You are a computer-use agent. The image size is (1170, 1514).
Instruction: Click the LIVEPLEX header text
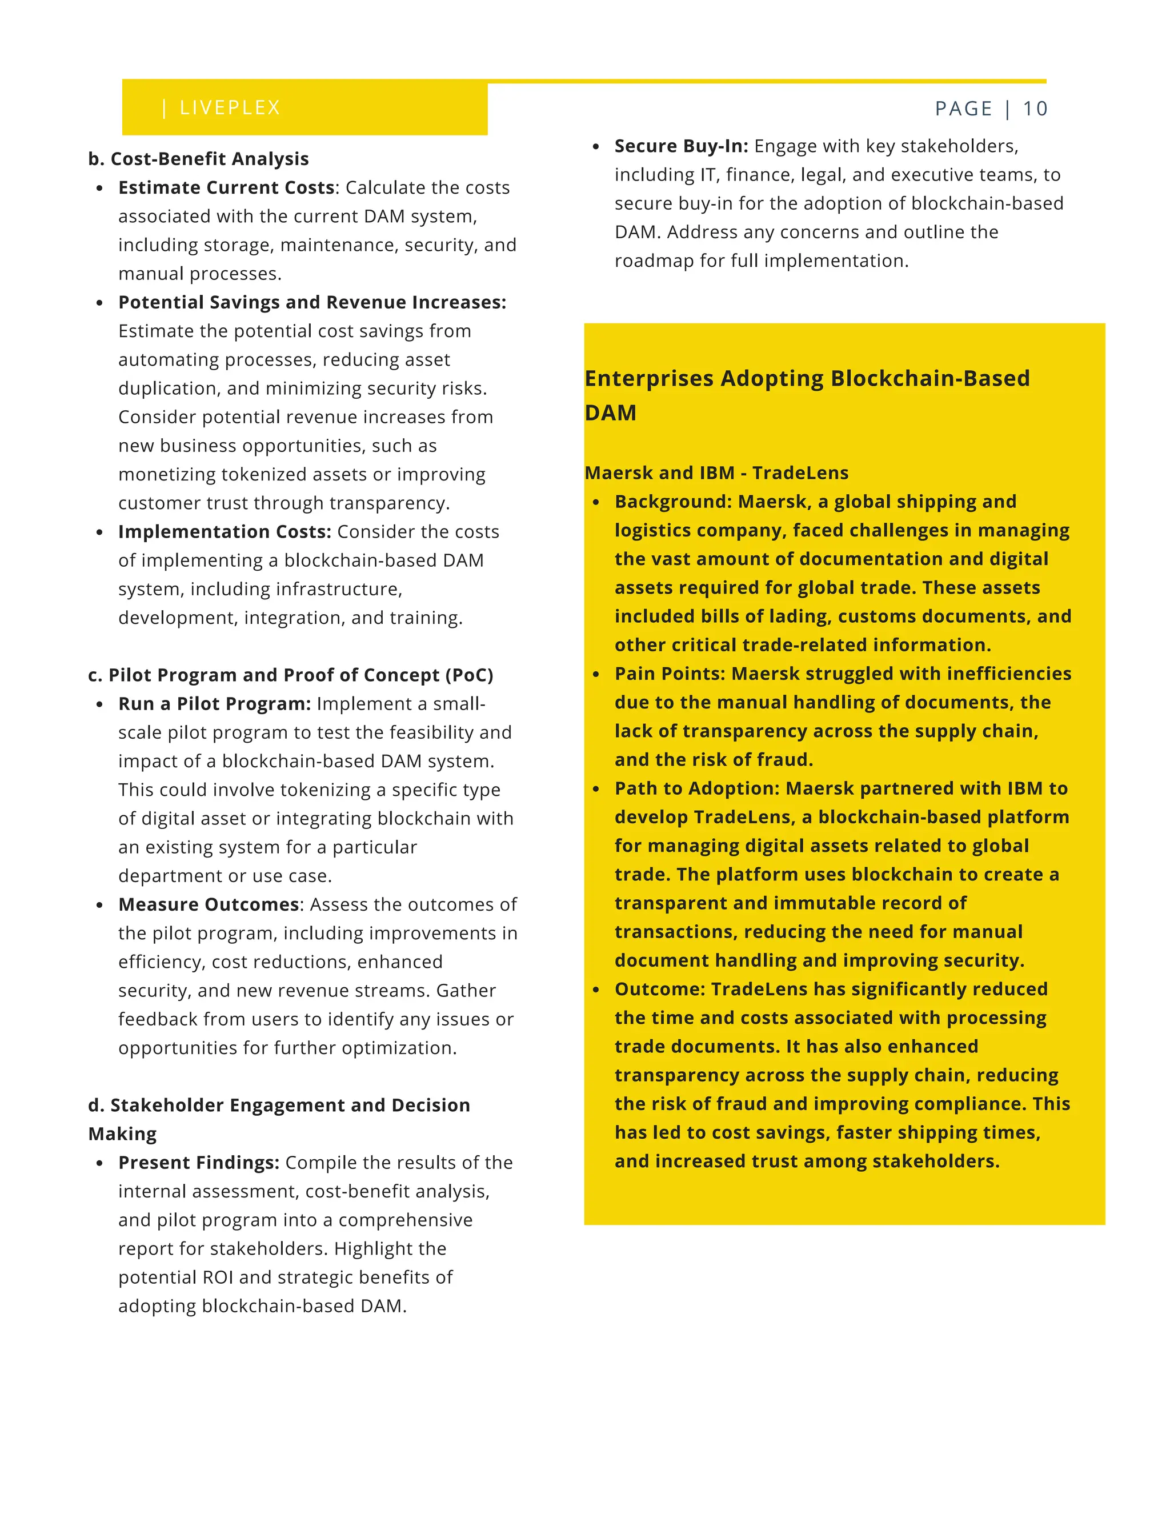point(230,107)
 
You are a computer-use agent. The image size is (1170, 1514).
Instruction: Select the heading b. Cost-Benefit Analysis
point(198,159)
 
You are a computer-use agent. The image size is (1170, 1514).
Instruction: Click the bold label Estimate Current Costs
point(226,188)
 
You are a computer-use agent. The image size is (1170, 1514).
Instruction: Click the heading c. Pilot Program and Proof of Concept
point(290,675)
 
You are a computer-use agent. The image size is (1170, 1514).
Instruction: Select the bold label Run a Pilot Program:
point(214,704)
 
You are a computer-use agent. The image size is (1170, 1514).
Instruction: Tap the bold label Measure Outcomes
point(209,904)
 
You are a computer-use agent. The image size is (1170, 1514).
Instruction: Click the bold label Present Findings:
point(198,1163)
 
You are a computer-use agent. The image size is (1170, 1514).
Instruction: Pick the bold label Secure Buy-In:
point(680,146)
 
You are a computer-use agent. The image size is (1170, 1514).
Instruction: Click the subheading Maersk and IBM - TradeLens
point(716,473)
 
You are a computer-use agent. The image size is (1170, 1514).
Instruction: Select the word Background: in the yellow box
point(673,502)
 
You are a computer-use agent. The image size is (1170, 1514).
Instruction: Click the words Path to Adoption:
point(696,788)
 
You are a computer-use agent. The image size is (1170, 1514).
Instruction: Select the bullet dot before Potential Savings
point(100,303)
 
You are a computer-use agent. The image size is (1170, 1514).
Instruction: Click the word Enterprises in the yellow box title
point(649,378)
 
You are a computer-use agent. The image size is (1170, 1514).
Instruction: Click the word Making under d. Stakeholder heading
point(122,1134)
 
